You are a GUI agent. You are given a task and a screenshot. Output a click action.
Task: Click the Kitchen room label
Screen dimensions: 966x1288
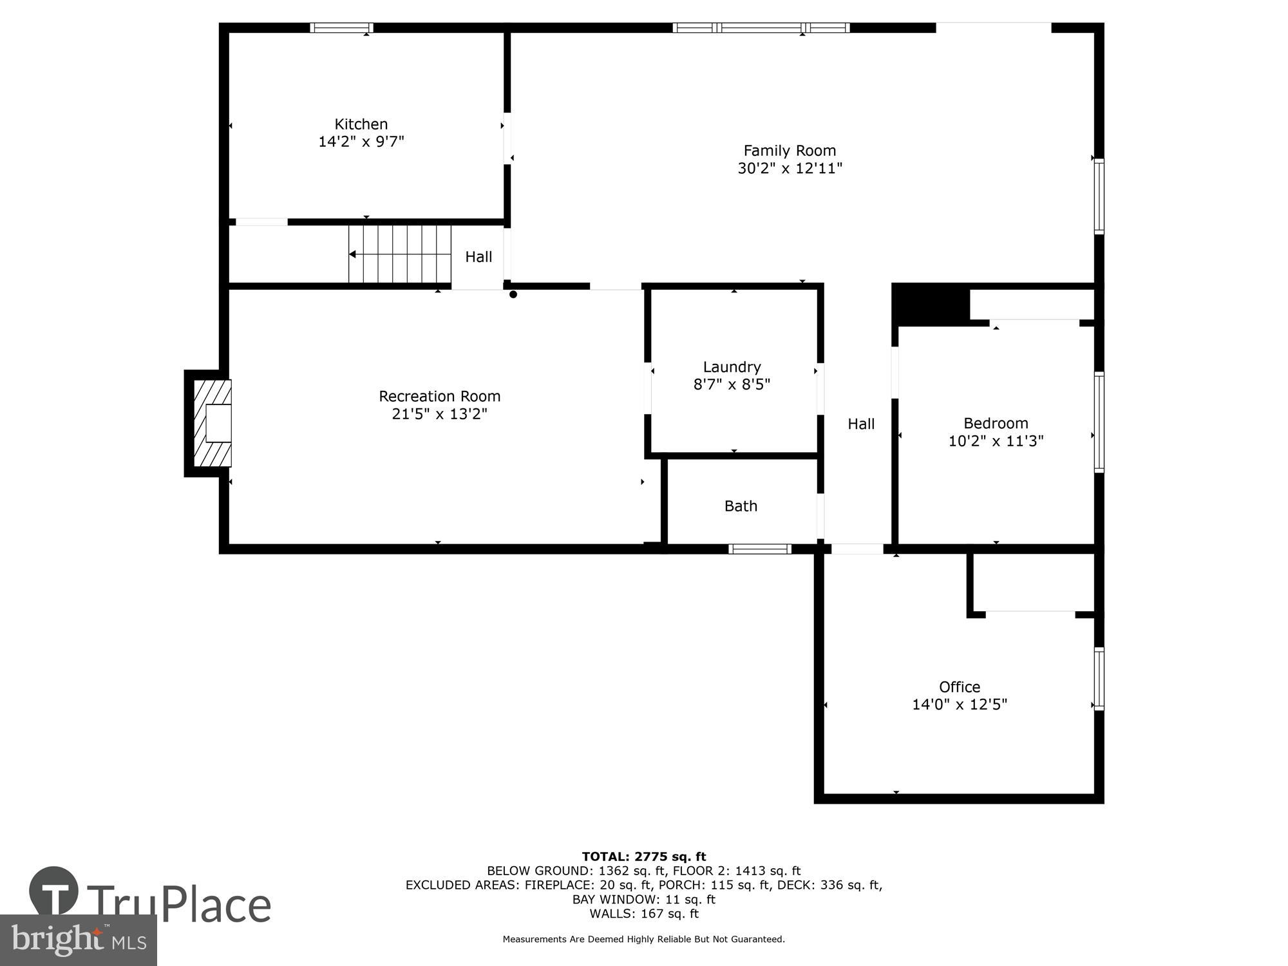[361, 124]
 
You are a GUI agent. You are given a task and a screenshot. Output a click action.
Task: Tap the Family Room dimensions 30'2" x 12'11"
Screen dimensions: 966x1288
[790, 169]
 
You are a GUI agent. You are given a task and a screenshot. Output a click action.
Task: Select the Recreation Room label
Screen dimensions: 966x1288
[439, 396]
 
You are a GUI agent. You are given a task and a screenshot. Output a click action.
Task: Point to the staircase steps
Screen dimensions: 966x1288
[399, 254]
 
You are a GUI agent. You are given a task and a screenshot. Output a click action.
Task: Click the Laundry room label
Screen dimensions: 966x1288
[732, 367]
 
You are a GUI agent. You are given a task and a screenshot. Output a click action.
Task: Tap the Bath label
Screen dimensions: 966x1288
[741, 506]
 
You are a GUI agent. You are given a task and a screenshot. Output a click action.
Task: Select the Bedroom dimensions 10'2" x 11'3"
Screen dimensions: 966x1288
[996, 441]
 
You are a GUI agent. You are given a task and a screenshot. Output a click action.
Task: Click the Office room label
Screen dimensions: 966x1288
[959, 687]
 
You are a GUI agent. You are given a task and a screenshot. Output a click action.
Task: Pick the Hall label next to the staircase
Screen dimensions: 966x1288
[478, 257]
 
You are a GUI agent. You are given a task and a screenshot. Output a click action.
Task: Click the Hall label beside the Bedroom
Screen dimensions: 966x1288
[861, 424]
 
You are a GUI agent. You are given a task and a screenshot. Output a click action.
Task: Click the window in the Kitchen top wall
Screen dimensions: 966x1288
[341, 28]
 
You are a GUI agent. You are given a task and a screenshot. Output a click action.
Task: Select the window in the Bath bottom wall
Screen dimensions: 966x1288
[760, 549]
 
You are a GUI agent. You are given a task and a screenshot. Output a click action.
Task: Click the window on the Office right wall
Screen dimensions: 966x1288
[1099, 679]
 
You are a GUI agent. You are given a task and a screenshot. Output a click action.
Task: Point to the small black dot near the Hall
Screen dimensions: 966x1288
[513, 295]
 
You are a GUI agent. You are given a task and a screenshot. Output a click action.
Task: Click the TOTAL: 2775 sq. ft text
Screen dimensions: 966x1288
[644, 857]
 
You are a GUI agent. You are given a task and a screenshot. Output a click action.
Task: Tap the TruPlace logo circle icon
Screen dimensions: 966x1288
[54, 892]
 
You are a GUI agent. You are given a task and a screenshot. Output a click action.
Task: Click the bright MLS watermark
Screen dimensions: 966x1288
[79, 940]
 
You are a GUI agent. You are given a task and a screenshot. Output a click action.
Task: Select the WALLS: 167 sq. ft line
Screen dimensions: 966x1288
[644, 913]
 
